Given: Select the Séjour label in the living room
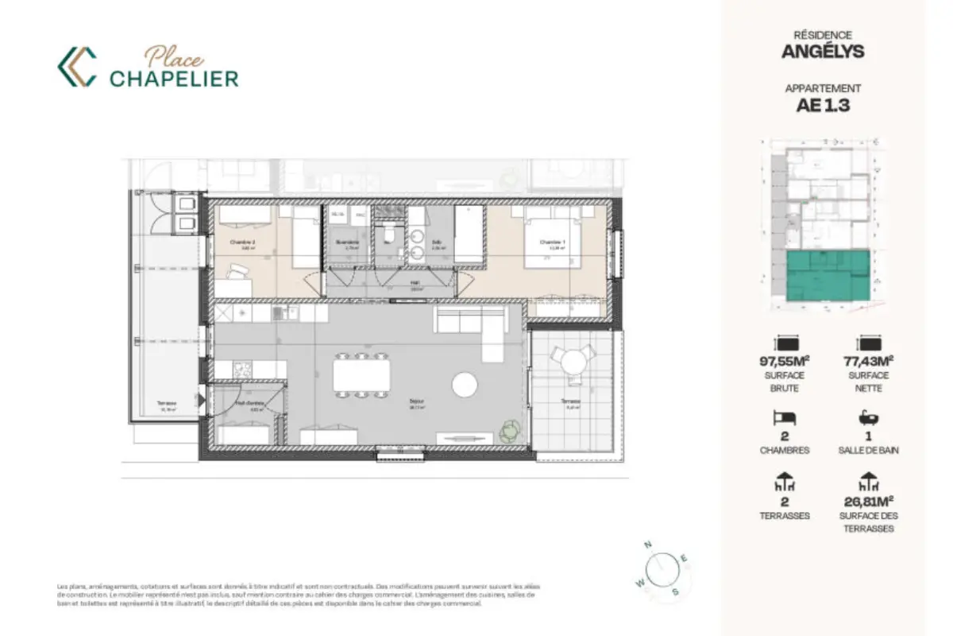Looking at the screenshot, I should [416, 402].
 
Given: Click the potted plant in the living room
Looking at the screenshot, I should [508, 430].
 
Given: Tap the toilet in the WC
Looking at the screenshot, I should [389, 234].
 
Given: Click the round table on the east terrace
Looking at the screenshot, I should [572, 363].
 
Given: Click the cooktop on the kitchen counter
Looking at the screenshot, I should [241, 370].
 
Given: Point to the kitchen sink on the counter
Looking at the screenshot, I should [280, 312].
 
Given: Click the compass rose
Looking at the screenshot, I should [661, 568].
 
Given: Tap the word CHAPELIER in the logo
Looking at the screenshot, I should [174, 78].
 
